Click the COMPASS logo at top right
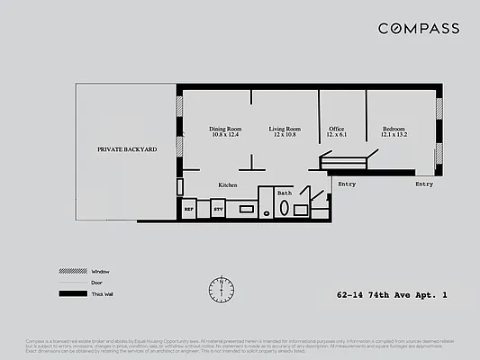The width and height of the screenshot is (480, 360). [x=418, y=29]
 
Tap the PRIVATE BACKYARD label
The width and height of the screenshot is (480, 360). [x=127, y=148]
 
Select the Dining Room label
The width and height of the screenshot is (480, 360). [x=225, y=129]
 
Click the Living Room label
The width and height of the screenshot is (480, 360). [x=285, y=129]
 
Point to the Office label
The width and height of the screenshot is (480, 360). [x=337, y=129]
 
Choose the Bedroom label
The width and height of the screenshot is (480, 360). [x=394, y=129]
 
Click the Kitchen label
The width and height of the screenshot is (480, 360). [x=228, y=184]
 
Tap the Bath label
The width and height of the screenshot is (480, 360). [x=284, y=193]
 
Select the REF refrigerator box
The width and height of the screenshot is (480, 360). [x=189, y=210]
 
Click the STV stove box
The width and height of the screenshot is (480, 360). [x=218, y=210]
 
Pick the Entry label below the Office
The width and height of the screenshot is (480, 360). [x=347, y=184]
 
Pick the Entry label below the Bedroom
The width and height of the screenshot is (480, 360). [x=423, y=184]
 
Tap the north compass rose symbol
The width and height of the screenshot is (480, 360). [x=221, y=288]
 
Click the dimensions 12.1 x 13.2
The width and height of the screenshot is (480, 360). [x=394, y=135]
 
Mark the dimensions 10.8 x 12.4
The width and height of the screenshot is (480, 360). [x=225, y=135]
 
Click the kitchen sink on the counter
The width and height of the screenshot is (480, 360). [x=246, y=210]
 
